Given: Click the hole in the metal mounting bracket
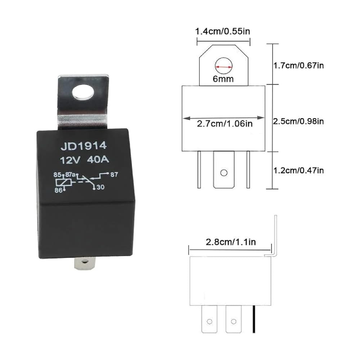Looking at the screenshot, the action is (x=83, y=93).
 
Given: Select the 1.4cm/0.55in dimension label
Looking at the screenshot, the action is (x=222, y=31).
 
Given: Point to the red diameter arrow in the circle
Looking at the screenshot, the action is (x=224, y=67).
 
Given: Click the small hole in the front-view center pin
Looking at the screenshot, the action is (x=224, y=173).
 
